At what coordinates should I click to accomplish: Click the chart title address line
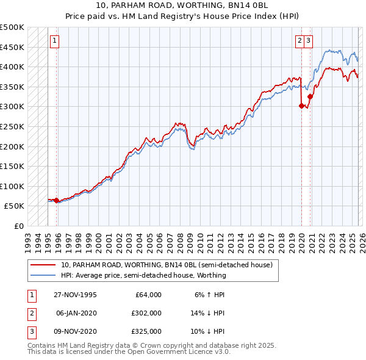point(182,5)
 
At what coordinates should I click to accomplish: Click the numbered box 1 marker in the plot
point(55,41)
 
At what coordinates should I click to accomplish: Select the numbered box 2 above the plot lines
point(300,41)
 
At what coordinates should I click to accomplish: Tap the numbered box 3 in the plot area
point(309,41)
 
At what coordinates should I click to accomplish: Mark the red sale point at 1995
point(56,200)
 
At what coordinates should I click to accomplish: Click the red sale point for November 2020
point(310,96)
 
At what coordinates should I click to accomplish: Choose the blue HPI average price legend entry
point(143,275)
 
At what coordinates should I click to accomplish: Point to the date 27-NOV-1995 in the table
point(75,295)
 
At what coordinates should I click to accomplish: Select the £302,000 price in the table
point(146,313)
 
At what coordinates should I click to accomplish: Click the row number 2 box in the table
point(31,313)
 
